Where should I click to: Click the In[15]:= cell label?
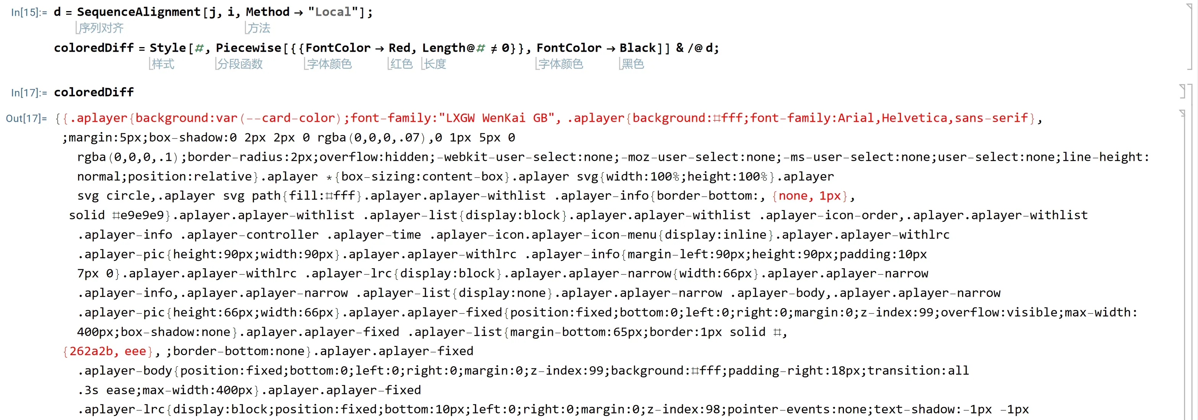coord(29,12)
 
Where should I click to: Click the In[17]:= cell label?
coord(29,93)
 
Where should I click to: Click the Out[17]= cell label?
coord(26,118)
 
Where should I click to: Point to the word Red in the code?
coord(399,48)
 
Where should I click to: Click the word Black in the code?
coord(637,48)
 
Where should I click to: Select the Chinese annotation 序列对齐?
coord(101,28)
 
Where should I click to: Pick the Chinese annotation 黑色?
coord(632,64)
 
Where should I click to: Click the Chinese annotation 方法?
coord(258,28)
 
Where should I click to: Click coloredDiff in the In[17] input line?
coord(94,92)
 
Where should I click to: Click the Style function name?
coord(167,48)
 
